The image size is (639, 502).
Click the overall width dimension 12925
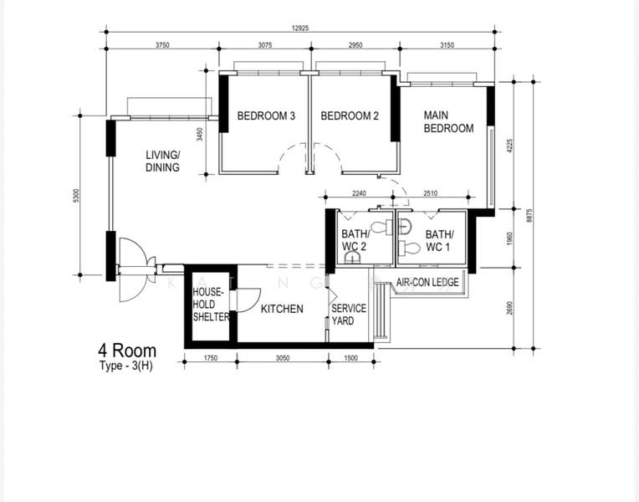[300, 28]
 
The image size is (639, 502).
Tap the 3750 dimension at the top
[162, 45]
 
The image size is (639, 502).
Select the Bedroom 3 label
[266, 116]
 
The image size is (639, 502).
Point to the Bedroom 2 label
[350, 116]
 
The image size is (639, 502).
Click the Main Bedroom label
[448, 121]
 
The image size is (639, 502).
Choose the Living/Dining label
[162, 161]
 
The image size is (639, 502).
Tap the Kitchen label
[282, 309]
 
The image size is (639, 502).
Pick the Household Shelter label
[211, 305]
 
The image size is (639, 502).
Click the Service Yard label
[349, 315]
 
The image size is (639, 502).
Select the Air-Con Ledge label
[427, 282]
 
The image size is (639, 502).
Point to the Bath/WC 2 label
[355, 240]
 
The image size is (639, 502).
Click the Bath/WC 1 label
[439, 241]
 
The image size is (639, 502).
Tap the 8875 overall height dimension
[529, 215]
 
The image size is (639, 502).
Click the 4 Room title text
[127, 351]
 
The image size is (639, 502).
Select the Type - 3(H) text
[126, 366]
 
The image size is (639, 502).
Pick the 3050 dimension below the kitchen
[283, 358]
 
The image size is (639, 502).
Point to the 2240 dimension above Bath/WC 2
[359, 193]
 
